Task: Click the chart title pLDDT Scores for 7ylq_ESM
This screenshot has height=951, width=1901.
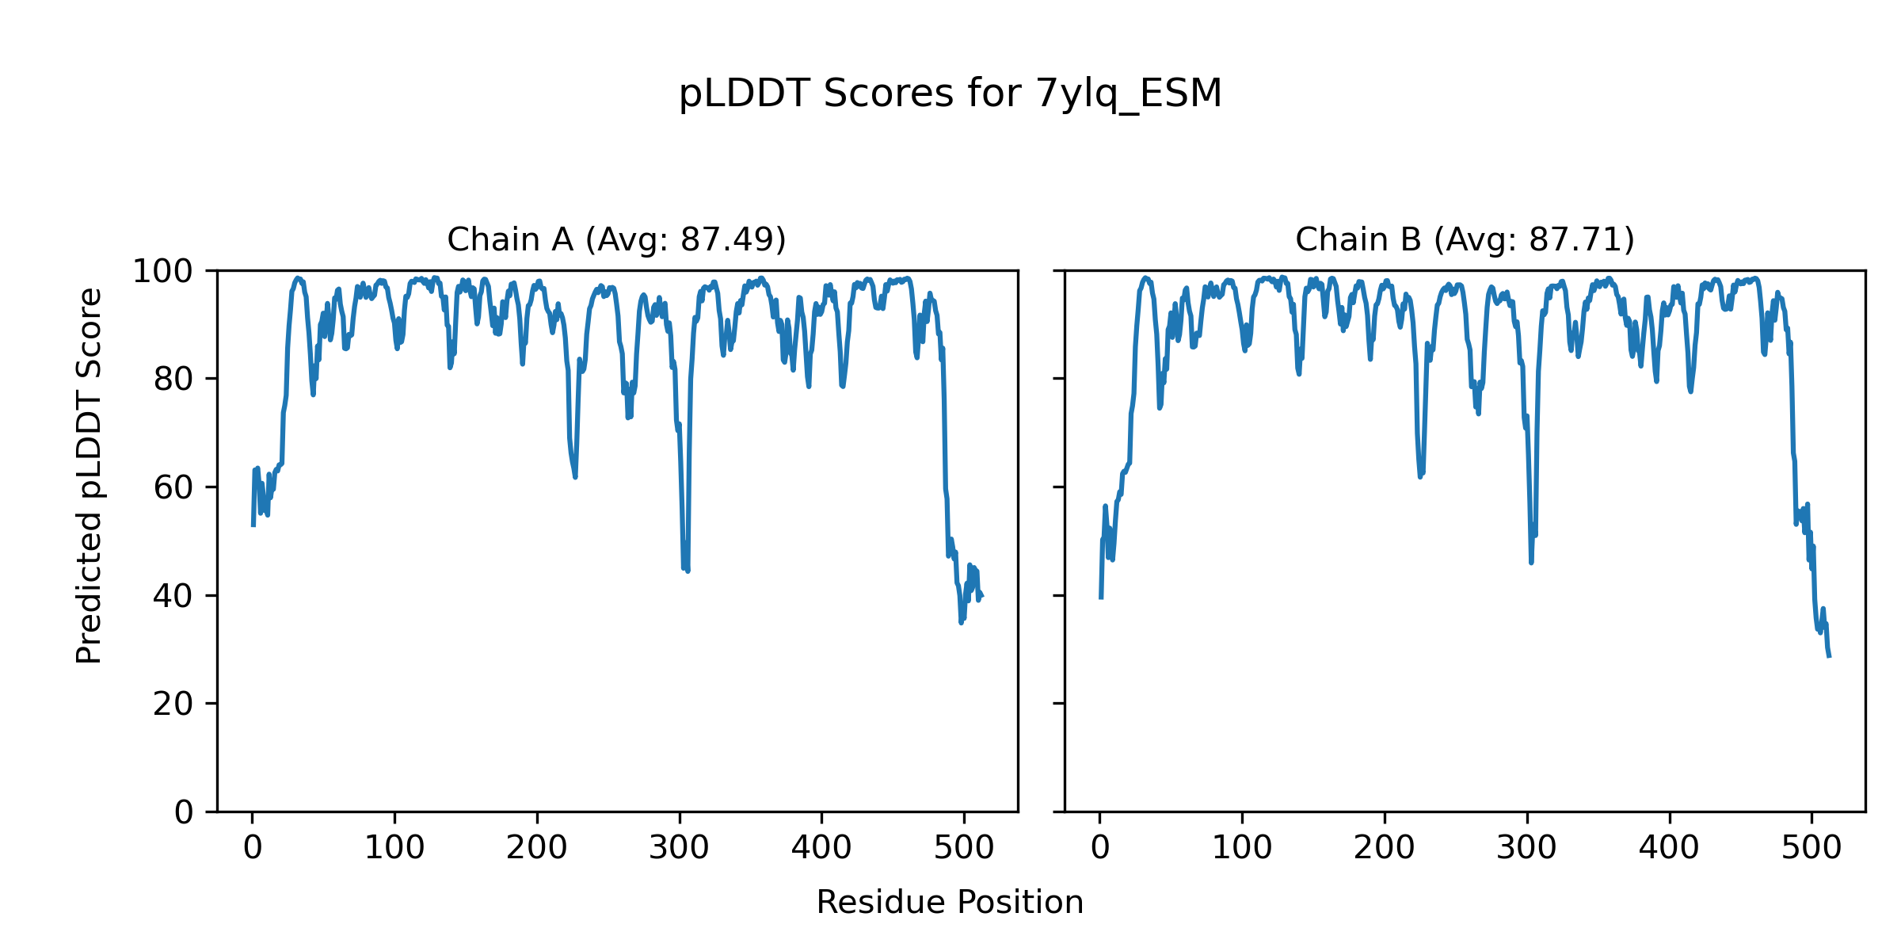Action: (x=950, y=94)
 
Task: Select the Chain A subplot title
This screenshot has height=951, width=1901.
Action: (x=616, y=239)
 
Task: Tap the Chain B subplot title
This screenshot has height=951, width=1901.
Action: (x=1465, y=239)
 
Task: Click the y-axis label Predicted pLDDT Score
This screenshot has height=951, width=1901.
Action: (x=89, y=475)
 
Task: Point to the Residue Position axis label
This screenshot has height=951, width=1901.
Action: (x=950, y=903)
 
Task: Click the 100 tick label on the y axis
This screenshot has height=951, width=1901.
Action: (x=162, y=272)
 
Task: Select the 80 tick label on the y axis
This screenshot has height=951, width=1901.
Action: (x=173, y=380)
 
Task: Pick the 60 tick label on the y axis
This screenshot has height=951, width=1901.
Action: (x=173, y=487)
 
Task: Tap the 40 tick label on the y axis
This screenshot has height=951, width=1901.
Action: (x=173, y=596)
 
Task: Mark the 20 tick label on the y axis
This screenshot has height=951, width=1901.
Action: (x=173, y=704)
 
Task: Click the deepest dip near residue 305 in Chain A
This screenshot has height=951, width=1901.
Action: (x=687, y=570)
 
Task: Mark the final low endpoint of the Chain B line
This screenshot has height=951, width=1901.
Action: (x=1830, y=656)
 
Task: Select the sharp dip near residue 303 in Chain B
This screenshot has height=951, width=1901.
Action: (x=1531, y=562)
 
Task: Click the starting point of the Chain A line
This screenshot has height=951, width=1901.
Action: (x=253, y=525)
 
